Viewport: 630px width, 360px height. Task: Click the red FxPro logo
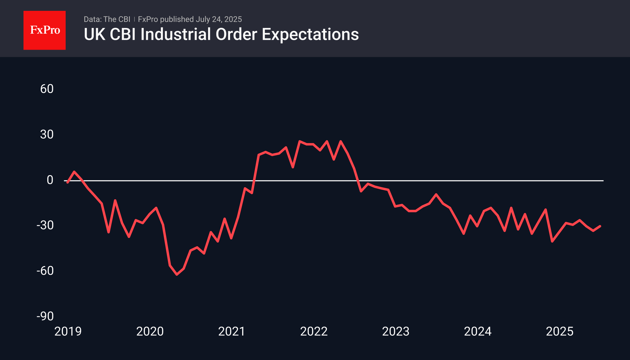(45, 30)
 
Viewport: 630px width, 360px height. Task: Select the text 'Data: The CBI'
(107, 19)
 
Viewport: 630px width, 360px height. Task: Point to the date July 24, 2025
(219, 19)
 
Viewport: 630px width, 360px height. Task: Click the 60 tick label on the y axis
(47, 89)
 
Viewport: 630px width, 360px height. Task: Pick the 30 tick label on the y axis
(47, 134)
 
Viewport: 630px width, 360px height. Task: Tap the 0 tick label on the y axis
(50, 180)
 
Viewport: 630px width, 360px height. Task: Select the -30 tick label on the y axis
(45, 225)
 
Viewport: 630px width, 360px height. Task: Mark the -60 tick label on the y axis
(45, 271)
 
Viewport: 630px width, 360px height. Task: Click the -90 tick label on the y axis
(45, 316)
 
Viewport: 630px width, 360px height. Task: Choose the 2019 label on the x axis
(68, 331)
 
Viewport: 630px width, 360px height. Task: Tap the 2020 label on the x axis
(150, 331)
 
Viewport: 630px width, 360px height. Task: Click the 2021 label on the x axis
(232, 331)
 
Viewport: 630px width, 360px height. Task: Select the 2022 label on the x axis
(314, 331)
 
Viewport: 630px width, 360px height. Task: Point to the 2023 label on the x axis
(396, 331)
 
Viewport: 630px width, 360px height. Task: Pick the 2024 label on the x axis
(478, 331)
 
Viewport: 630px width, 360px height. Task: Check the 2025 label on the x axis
(560, 331)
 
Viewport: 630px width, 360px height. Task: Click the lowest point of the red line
(177, 275)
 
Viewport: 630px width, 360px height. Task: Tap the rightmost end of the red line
(600, 226)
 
